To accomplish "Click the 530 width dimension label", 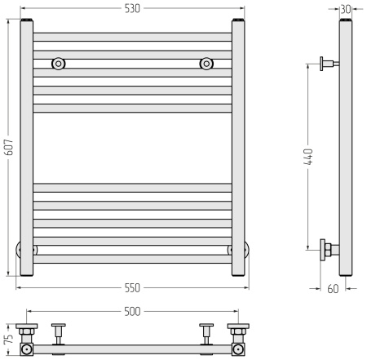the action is pos(132,8).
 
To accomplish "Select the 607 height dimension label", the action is pos(9,147).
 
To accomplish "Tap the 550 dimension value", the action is pos(132,288).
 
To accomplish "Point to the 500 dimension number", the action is pos(132,312).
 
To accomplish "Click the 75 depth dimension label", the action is pos(9,339).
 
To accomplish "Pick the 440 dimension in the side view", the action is pos(308,157).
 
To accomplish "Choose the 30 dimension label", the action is pos(346,9).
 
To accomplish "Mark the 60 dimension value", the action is pos(333,289).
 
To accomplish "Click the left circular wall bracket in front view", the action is pos(58,64).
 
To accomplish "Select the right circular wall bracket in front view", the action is pos(206,64).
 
